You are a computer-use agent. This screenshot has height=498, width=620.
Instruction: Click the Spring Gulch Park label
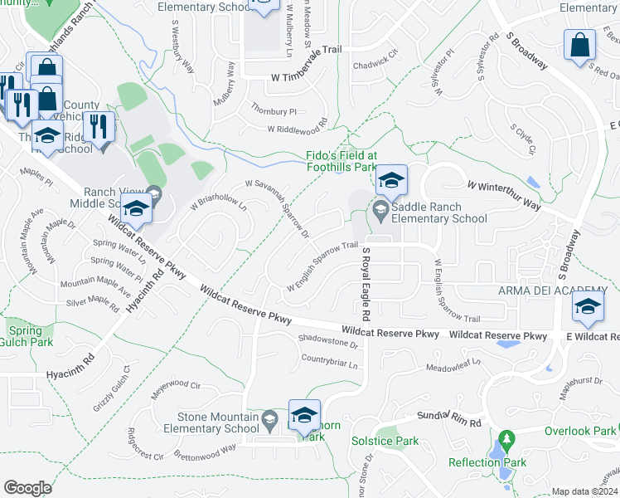point(24,336)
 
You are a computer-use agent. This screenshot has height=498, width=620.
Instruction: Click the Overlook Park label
point(579,431)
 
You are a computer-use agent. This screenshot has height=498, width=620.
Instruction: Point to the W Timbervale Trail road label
point(305,75)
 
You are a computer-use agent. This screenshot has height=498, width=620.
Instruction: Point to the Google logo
point(27,488)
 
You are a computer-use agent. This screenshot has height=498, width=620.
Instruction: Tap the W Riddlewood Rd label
point(297,129)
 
